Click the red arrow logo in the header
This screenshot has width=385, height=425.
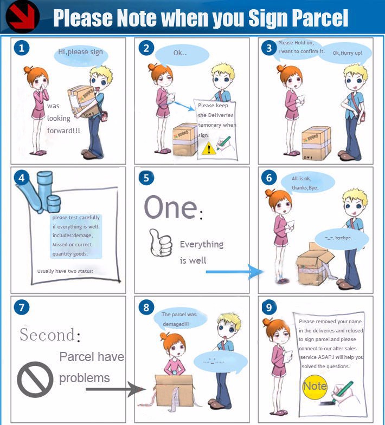pyautogui.click(x=22, y=17)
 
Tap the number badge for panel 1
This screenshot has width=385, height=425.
pyautogui.click(x=22, y=48)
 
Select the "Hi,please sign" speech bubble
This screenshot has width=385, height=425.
pyautogui.click(x=81, y=56)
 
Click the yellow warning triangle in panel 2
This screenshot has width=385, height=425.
pyautogui.click(x=209, y=148)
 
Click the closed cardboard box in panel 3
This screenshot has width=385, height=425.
pyautogui.click(x=317, y=143)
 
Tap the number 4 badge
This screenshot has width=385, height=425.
pyautogui.click(x=22, y=178)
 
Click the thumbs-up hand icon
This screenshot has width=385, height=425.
pyautogui.click(x=161, y=243)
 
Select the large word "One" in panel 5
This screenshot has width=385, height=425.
pyautogui.click(x=170, y=207)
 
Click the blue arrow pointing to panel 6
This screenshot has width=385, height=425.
pyautogui.click(x=235, y=272)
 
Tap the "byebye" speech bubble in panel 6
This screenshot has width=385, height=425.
pyautogui.click(x=342, y=239)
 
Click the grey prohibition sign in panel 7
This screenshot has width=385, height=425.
pyautogui.click(x=35, y=380)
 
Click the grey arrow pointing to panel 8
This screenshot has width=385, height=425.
pyautogui.click(x=116, y=389)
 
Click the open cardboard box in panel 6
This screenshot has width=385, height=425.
pyautogui.click(x=316, y=266)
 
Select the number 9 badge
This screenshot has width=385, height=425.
pyautogui.click(x=269, y=308)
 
